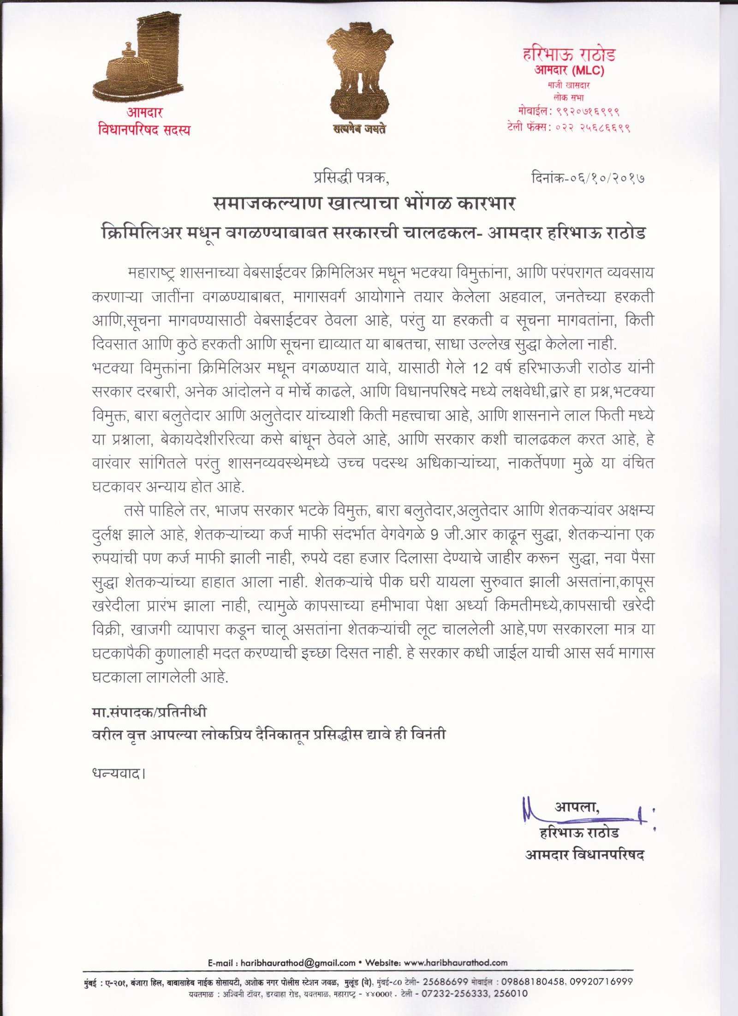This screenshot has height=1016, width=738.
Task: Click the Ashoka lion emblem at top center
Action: click(x=359, y=73)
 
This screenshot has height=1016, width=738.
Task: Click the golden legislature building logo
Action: click(x=139, y=60)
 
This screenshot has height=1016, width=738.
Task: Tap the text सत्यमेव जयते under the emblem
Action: click(x=360, y=129)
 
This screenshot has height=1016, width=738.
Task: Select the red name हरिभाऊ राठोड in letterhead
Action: click(x=569, y=55)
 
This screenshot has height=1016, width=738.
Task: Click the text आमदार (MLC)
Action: click(x=569, y=71)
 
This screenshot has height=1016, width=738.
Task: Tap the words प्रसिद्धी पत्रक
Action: click(x=351, y=177)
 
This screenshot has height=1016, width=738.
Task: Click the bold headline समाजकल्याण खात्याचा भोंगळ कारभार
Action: click(x=364, y=203)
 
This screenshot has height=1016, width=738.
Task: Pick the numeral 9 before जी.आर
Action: click(x=434, y=535)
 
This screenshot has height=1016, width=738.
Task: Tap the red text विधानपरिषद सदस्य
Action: click(x=144, y=130)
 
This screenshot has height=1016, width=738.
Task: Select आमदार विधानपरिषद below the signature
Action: click(x=584, y=854)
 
